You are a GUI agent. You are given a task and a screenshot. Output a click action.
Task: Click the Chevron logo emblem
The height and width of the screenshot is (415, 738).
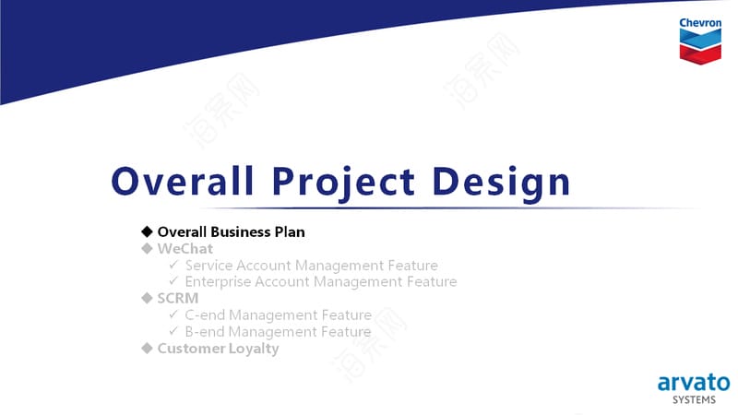point(700,47)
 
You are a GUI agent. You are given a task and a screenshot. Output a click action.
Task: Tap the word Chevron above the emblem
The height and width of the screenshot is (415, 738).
point(700,22)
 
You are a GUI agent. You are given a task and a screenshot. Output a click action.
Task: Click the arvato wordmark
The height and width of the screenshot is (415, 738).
point(694,383)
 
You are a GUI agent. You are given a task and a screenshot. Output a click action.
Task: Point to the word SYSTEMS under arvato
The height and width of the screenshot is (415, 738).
point(695,400)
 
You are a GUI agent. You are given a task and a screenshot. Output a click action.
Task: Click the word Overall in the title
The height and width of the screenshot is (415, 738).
point(182,181)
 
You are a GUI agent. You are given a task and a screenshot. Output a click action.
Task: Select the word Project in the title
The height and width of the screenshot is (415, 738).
point(343,184)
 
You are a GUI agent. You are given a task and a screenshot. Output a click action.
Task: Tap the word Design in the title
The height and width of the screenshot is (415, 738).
point(501,184)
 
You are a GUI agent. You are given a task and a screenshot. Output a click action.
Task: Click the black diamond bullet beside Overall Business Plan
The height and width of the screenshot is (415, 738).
point(147,231)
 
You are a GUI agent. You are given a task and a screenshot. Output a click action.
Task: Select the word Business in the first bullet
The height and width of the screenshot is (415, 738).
point(234,232)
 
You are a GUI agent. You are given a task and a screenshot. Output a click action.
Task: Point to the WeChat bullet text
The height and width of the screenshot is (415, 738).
point(185,248)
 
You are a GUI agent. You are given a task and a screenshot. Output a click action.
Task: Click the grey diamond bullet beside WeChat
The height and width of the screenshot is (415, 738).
point(147,248)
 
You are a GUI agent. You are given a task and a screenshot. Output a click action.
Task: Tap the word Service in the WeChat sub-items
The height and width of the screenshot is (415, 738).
point(208,266)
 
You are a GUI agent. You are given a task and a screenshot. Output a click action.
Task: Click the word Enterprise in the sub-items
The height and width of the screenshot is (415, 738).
point(218,282)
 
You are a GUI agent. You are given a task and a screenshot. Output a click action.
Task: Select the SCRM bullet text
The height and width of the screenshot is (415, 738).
point(178,298)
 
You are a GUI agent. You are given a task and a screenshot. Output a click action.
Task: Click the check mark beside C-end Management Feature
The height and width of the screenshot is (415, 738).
point(173,314)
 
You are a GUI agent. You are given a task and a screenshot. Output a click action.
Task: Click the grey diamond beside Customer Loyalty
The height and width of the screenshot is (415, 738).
point(147,349)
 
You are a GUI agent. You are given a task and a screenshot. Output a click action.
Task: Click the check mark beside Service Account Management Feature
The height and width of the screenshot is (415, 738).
point(173,265)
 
